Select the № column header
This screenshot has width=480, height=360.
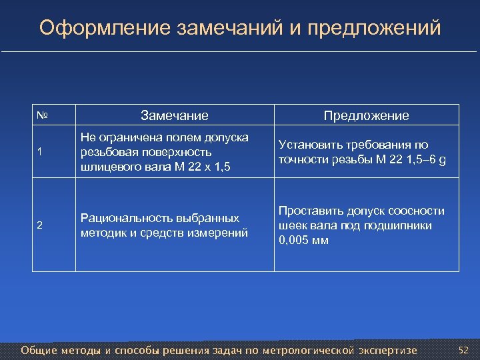coord(41,115)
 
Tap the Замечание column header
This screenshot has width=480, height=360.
coord(174,115)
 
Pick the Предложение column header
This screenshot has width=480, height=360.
coord(366,115)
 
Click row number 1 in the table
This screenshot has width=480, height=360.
coord(40,152)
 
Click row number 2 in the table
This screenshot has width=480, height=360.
coord(40,225)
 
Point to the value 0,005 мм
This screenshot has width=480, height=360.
coord(303,240)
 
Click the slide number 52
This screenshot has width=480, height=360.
coord(464,350)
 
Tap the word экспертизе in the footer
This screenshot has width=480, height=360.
coord(387,350)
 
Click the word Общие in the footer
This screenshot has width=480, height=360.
coord(39,350)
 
